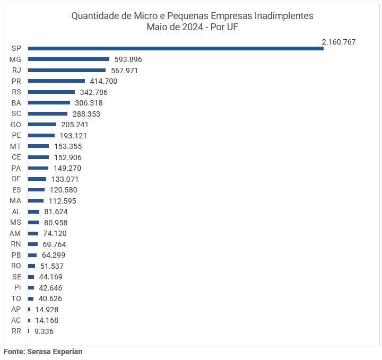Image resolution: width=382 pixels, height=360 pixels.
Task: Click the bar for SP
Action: pyautogui.click(x=176, y=48)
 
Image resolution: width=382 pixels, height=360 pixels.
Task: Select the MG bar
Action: pyautogui.click(x=68, y=59)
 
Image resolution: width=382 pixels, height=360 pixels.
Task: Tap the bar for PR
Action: pyautogui.click(x=56, y=81)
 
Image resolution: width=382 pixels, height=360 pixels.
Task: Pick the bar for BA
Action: pyautogui.click(x=49, y=103)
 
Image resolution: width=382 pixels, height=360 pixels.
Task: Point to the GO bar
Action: pyautogui.click(x=42, y=125)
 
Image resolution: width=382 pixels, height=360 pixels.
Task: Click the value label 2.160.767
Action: pyautogui.click(x=338, y=41)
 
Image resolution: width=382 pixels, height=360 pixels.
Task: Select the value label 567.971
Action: pyautogui.click(x=125, y=71)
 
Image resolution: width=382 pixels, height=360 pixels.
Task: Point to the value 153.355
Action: pyautogui.click(x=68, y=146)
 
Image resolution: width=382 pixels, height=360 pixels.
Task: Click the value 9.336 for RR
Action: pyautogui.click(x=44, y=331)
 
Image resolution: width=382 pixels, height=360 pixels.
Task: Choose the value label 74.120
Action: pyautogui.click(x=55, y=233)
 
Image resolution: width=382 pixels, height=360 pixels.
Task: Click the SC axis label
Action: pyautogui.click(x=16, y=114)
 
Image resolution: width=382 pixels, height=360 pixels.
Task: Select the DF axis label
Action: pyautogui.click(x=16, y=179)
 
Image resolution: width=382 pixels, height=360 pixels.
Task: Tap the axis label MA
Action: pyautogui.click(x=15, y=201)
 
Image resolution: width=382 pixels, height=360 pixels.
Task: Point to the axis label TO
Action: pyautogui.click(x=16, y=298)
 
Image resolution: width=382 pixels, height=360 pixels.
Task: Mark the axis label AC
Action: pyautogui.click(x=16, y=320)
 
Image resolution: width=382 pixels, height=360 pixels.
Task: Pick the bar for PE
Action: pyautogui.click(x=41, y=136)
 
